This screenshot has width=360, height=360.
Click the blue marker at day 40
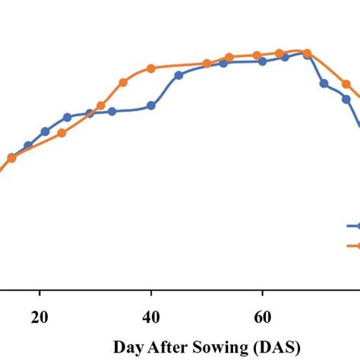(151, 106)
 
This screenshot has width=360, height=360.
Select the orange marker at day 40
(151, 68)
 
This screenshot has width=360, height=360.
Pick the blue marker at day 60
(263, 62)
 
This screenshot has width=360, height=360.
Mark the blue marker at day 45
(178, 75)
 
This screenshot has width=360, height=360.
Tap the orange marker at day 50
(207, 65)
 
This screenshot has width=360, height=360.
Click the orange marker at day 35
(123, 82)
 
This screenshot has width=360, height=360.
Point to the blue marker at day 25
(68, 117)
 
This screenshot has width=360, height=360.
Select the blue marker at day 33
(112, 112)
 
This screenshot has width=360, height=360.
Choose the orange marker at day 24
(62, 133)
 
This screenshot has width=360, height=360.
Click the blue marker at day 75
(346, 98)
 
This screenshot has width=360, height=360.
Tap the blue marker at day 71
(324, 84)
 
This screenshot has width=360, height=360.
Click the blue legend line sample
(353, 226)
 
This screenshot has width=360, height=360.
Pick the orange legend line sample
(353, 245)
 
